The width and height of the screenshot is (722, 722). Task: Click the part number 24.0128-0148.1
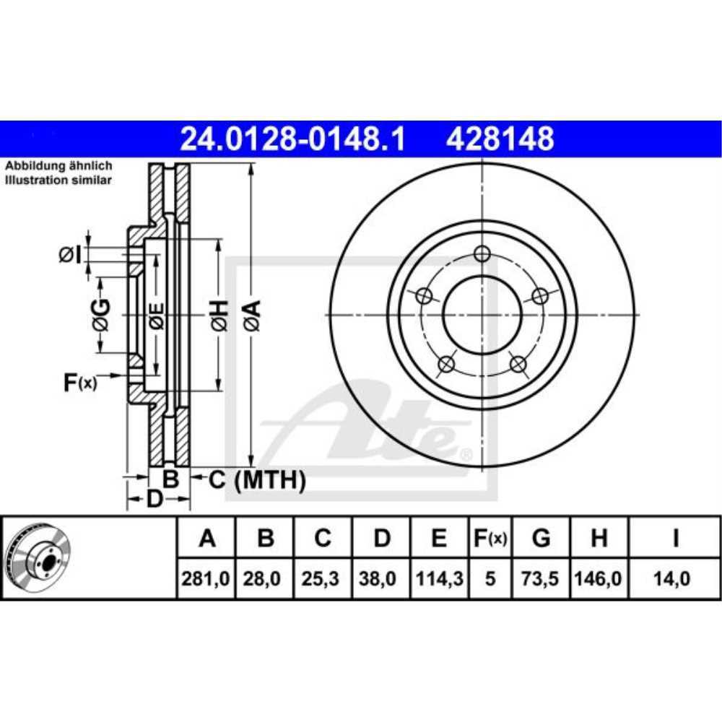(292, 139)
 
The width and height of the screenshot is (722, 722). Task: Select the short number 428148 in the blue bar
(500, 139)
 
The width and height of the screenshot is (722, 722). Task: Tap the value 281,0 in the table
(205, 578)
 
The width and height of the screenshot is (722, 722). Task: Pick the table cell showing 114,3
(439, 578)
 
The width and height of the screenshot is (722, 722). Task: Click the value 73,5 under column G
(539, 578)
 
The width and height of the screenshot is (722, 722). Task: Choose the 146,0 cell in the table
(598, 578)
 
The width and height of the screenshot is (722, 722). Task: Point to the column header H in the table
(599, 537)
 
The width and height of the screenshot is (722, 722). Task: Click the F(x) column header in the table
(490, 537)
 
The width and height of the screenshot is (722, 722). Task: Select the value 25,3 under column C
(321, 578)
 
